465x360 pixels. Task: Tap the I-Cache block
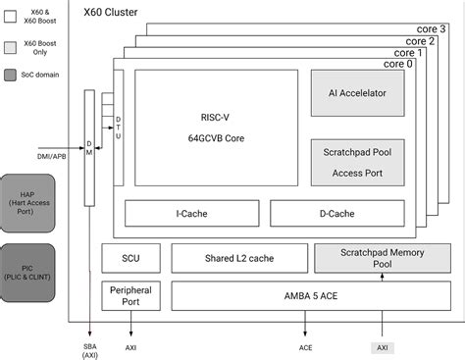tap(190, 213)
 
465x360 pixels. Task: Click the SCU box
tap(130, 258)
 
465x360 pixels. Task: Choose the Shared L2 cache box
tap(238, 258)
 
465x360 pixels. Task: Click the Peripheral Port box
tap(130, 295)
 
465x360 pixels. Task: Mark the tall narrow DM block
tap(89, 148)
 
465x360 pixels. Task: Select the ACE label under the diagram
tap(306, 346)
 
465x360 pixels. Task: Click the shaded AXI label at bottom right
tap(382, 347)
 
